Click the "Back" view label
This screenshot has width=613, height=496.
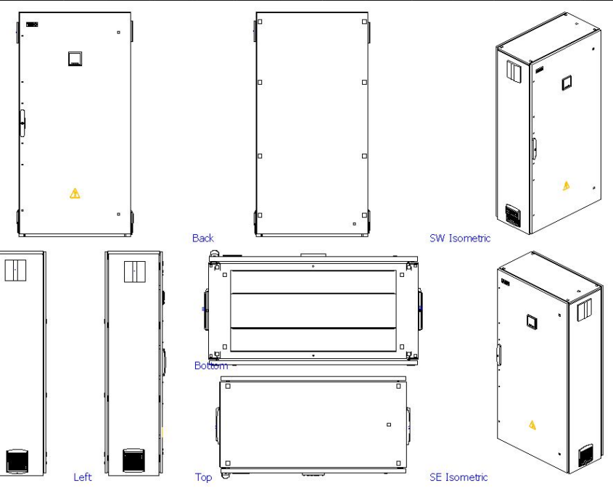click(202, 238)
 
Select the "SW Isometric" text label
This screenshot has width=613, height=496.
click(460, 238)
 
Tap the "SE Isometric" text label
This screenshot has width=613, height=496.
click(458, 477)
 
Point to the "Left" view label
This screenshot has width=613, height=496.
click(83, 477)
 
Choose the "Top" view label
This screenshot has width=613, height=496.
click(203, 477)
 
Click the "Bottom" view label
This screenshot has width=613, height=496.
click(210, 365)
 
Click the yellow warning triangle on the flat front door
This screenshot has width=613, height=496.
click(74, 193)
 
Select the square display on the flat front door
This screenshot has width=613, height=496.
click(75, 59)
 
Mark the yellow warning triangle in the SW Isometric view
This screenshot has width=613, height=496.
click(566, 186)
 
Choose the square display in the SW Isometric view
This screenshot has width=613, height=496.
click(566, 83)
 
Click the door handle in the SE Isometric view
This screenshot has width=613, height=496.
click(498, 355)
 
